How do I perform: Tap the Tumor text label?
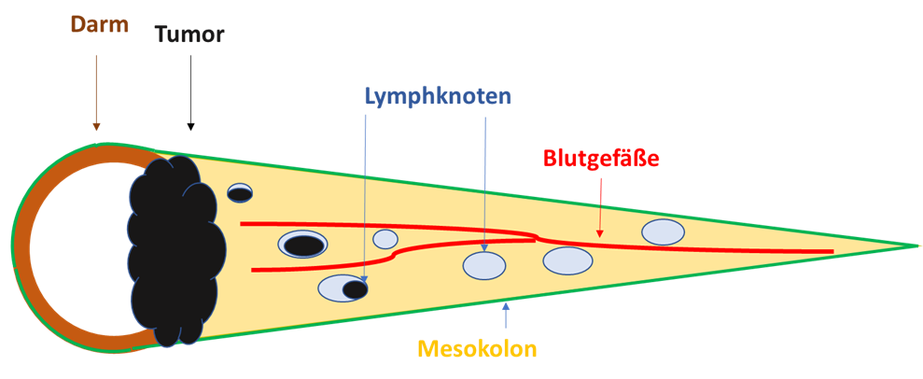click(x=189, y=35)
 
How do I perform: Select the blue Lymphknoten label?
click(x=439, y=95)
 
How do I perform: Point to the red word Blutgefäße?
click(x=601, y=159)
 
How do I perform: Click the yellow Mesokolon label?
click(x=478, y=349)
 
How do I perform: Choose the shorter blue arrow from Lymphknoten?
click(x=485, y=187)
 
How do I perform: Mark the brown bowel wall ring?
click(x=23, y=245)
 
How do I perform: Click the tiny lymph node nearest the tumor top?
click(x=240, y=192)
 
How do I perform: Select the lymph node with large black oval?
click(x=302, y=245)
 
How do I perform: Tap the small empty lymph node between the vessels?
click(x=385, y=239)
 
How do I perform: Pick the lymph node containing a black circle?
click(x=343, y=288)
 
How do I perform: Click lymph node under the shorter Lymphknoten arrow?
click(x=484, y=266)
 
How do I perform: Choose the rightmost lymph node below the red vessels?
click(x=567, y=260)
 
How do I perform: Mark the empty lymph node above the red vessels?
click(x=662, y=231)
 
